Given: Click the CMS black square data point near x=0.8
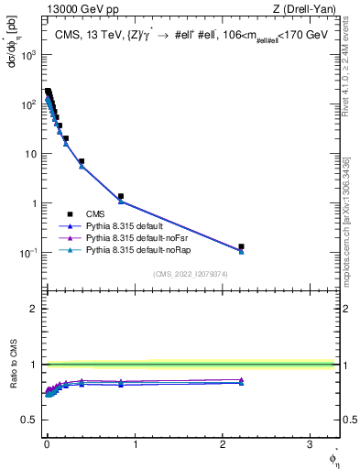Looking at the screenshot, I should click(120, 196).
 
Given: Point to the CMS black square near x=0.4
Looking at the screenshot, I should click(82, 161).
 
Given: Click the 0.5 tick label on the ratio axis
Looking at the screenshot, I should click(30, 420).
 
